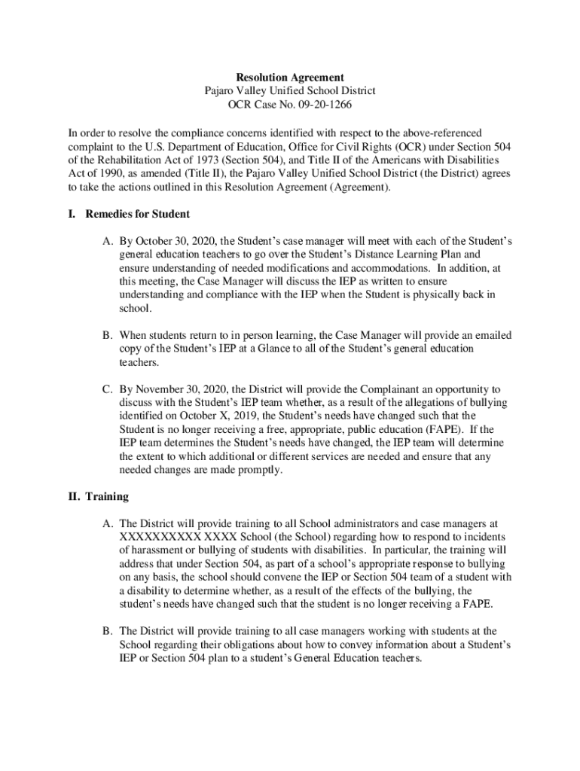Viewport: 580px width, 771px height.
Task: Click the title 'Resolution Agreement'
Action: click(x=290, y=77)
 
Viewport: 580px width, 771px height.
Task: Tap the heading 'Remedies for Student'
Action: click(x=137, y=214)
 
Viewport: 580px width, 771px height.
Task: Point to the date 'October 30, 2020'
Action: click(x=174, y=241)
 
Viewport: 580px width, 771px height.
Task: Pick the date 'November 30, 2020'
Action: click(x=181, y=389)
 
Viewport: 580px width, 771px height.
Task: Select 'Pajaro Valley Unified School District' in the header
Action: click(x=290, y=90)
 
